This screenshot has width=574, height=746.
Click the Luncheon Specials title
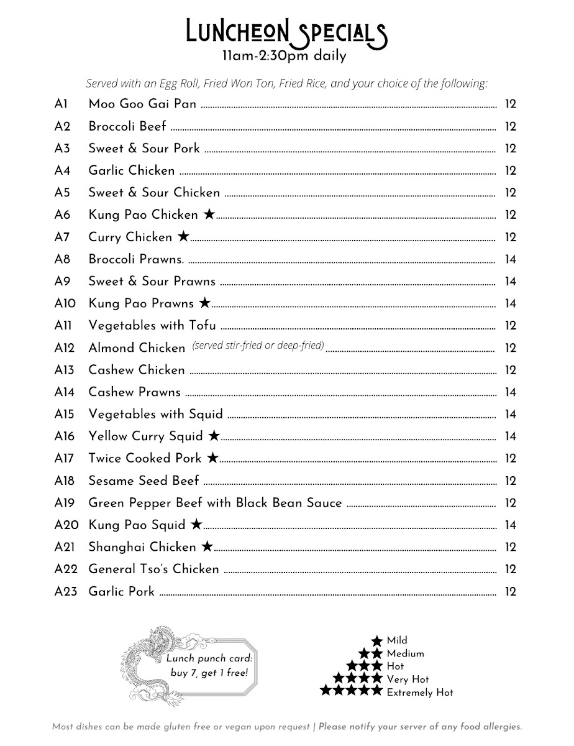coord(286,31)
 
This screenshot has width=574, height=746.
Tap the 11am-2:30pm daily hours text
coord(285,55)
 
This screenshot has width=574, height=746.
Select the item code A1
coord(61,104)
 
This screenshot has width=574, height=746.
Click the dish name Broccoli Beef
coord(127,126)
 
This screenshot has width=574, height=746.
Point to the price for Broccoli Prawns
coord(511,259)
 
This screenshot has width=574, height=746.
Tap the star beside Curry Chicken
coord(183,237)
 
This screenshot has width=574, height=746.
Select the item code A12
coord(65,348)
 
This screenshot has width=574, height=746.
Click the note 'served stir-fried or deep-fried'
coord(258,346)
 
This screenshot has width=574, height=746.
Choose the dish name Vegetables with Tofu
coord(152,325)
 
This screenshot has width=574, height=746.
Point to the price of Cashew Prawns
coord(511,392)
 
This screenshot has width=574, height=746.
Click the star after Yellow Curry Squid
coord(214,436)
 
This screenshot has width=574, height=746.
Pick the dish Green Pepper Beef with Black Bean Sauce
coord(215,502)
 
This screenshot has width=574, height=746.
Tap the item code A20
coord(66,525)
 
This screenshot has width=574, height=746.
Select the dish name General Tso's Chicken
coord(153,569)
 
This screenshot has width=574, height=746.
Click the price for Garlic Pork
coord(511,591)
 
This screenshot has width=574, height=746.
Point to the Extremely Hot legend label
coord(420,693)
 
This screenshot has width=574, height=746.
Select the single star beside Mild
coord(376,640)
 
